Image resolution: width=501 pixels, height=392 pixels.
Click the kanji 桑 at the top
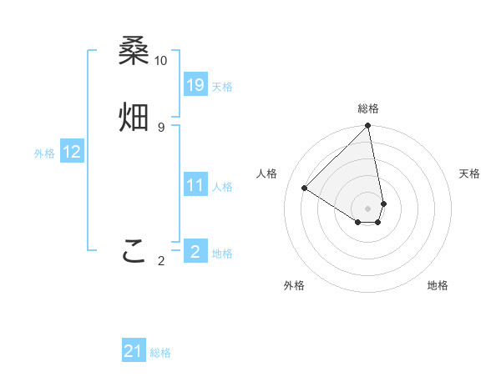134,52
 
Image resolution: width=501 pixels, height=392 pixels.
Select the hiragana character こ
134,250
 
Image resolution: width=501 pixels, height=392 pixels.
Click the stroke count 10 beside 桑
160,61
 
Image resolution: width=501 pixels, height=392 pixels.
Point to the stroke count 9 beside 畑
160,127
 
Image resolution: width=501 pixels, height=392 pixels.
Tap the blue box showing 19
195,84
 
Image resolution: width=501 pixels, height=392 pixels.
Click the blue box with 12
72,152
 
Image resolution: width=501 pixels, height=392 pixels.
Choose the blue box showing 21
134,351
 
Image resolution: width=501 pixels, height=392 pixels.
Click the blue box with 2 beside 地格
195,251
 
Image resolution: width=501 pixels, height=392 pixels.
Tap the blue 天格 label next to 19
222,87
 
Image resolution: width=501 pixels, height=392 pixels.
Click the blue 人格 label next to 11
222,187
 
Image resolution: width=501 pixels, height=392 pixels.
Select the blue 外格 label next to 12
44,153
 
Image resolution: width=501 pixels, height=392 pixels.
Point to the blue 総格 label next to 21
160,354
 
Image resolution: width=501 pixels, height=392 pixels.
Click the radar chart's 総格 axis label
368,108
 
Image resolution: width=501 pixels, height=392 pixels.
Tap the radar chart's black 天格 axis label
469,173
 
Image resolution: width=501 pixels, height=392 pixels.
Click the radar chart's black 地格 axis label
438,285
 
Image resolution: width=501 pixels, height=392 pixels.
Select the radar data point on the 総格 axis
368,127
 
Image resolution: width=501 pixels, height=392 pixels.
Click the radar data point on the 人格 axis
305,188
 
